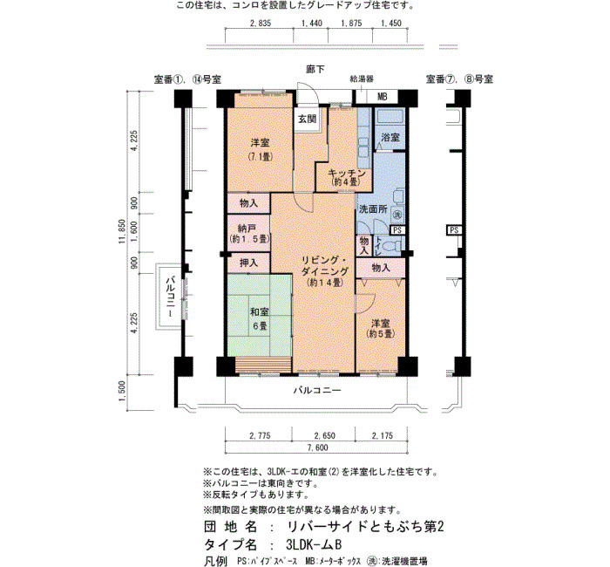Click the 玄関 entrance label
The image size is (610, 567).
(x=307, y=119)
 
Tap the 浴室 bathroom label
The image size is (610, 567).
(x=390, y=137)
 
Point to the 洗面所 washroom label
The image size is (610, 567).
(x=373, y=209)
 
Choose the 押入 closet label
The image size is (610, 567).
(x=248, y=263)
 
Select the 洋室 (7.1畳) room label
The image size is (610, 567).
(x=260, y=150)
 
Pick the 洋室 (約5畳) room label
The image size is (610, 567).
(x=381, y=329)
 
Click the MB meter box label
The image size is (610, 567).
(x=382, y=97)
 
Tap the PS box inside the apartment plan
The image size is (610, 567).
(x=396, y=230)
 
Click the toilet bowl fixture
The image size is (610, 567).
(x=392, y=246)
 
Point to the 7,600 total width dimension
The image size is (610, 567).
(x=318, y=447)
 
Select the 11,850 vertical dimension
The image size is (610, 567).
(x=122, y=231)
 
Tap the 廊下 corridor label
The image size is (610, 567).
(x=315, y=69)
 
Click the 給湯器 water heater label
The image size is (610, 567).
(x=362, y=79)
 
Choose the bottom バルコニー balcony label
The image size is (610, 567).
(x=317, y=390)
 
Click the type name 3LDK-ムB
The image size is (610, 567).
(x=313, y=544)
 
